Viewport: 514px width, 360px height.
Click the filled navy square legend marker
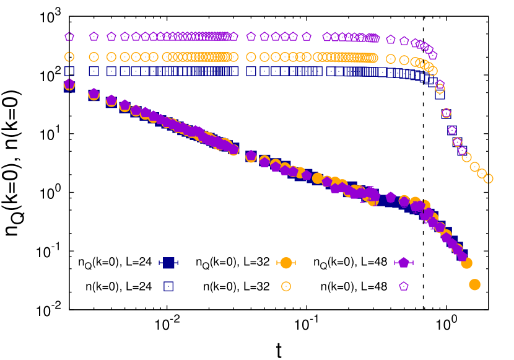pyautogui.click(x=168, y=263)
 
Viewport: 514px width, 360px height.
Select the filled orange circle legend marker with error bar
pyautogui.click(x=286, y=263)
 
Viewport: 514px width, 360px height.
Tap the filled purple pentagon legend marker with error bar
pyautogui.click(x=404, y=263)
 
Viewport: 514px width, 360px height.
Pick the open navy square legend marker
pyautogui.click(x=168, y=286)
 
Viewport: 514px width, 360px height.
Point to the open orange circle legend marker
pyautogui.click(x=286, y=286)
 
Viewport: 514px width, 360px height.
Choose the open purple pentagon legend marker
pyautogui.click(x=404, y=286)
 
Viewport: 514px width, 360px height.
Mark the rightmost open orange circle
pyautogui.click(x=488, y=178)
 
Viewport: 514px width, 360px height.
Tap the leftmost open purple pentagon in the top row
pyautogui.click(x=69, y=37)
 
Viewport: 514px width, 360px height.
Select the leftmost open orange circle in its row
pyautogui.click(x=69, y=56)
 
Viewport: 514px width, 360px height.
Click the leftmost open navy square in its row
pyautogui.click(x=69, y=71)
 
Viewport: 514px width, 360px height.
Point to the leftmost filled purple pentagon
pyautogui.click(x=69, y=84)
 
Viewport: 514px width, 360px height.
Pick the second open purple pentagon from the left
pyautogui.click(x=94, y=37)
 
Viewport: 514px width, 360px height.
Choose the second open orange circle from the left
pyautogui.click(x=94, y=56)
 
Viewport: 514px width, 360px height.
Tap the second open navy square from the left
pyautogui.click(x=94, y=71)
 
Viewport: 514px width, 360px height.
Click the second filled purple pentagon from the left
pyautogui.click(x=94, y=94)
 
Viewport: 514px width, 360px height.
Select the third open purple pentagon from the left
pyautogui.click(x=111, y=37)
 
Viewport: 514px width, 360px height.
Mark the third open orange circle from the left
pyautogui.click(x=111, y=56)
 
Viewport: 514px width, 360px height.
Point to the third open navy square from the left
pyautogui.click(x=111, y=71)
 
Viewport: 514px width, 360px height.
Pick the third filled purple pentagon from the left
pyautogui.click(x=111, y=100)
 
